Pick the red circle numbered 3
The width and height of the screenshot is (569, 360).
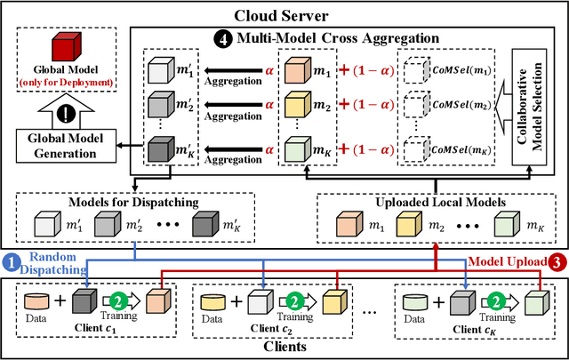point(557,261)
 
